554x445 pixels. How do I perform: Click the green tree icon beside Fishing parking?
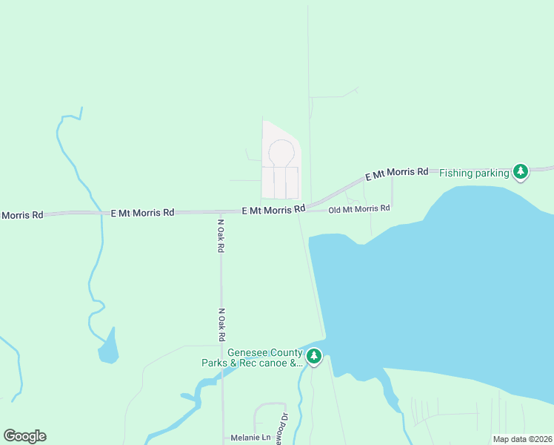pos(521,171)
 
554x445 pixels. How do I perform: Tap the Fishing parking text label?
pos(474,174)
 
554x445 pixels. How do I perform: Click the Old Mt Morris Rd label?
pos(358,209)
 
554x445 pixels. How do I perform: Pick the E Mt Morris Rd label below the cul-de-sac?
pos(274,211)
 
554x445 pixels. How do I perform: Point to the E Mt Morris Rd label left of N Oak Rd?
pos(142,213)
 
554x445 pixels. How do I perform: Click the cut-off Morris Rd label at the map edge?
pos(21,215)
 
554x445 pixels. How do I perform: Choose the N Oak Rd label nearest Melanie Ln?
pos(221,325)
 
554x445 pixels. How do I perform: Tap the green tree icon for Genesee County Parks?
pos(314,357)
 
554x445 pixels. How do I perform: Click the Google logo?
pos(24,436)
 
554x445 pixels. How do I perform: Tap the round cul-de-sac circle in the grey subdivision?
pos(281,153)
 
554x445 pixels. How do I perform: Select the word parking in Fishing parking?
pos(492,174)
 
